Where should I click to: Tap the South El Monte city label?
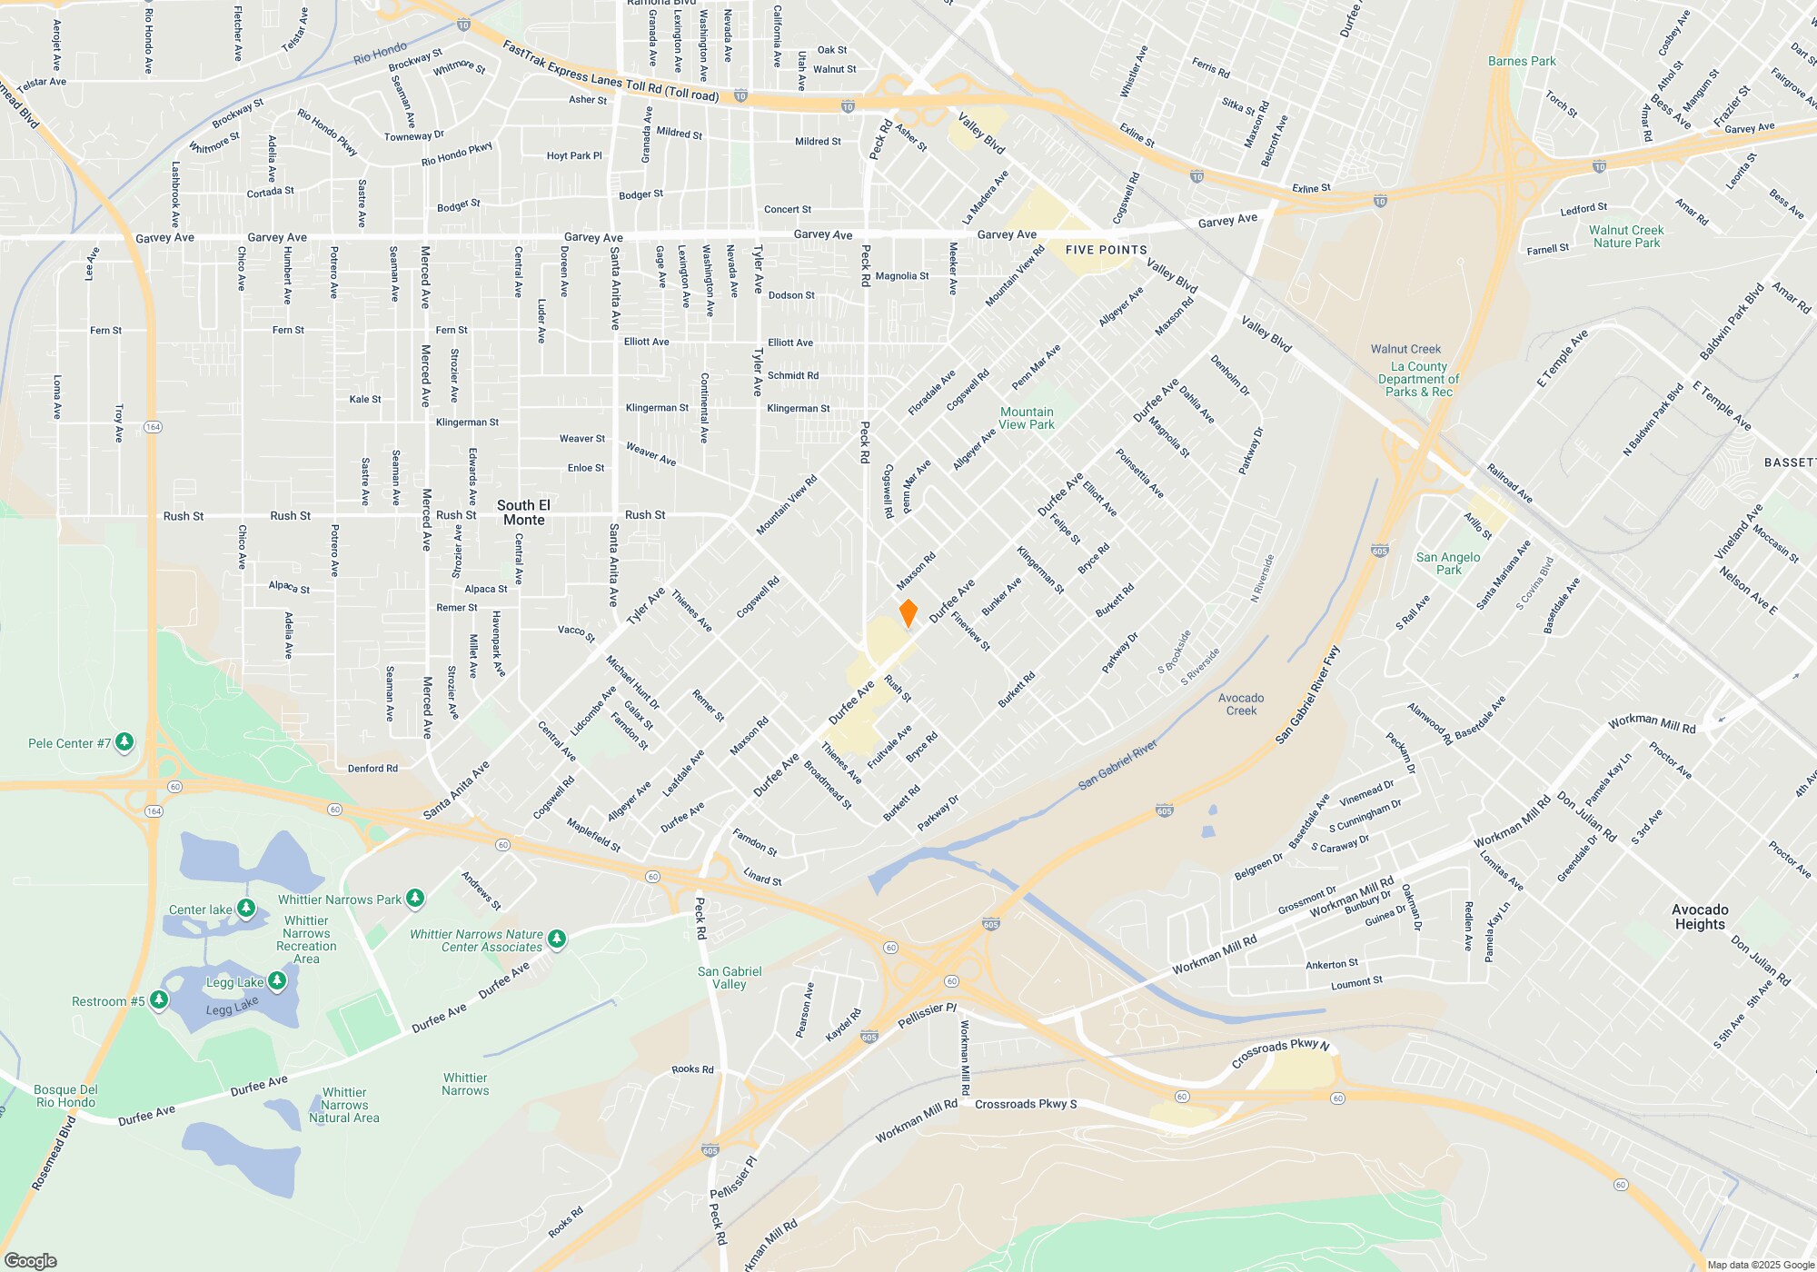tap(523, 512)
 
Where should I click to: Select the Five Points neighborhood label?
tap(1106, 250)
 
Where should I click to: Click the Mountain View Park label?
tap(1027, 418)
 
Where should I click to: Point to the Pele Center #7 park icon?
tap(124, 742)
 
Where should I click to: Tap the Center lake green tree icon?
tap(245, 909)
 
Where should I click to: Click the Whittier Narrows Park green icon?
tap(415, 899)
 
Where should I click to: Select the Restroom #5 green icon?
tap(159, 1000)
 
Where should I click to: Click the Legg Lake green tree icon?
tap(277, 980)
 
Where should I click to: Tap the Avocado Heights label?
tap(1700, 917)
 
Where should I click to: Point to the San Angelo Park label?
tap(1448, 563)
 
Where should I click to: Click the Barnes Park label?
tap(1522, 61)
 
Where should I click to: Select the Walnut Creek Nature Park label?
tap(1626, 236)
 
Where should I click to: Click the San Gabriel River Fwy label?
tap(1307, 695)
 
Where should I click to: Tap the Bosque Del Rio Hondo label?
tap(65, 1096)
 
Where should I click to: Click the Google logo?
tap(30, 1260)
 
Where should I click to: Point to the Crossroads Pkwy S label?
tap(1026, 1104)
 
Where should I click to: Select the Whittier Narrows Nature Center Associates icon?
tap(557, 939)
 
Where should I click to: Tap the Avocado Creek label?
tap(1241, 704)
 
